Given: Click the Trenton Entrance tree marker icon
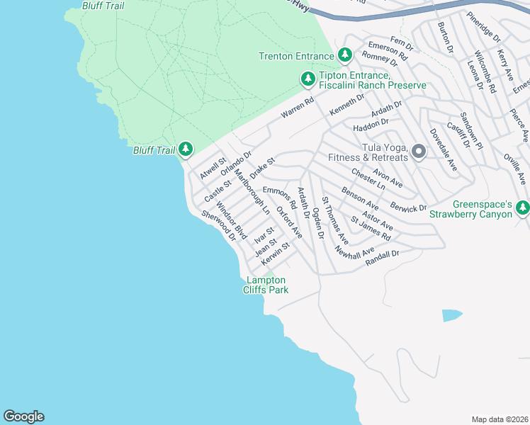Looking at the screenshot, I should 344,55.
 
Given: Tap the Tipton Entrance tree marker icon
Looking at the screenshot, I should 308,79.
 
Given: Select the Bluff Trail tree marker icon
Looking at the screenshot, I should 186,149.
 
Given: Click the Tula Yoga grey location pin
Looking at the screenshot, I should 419,151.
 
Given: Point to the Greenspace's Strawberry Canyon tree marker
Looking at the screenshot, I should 523,208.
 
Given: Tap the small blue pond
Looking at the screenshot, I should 451,315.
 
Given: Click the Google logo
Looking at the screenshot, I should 23,416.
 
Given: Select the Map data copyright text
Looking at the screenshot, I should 500,419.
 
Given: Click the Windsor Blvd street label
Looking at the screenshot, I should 231,220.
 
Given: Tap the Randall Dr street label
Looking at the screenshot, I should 383,258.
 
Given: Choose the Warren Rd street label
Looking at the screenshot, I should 297,108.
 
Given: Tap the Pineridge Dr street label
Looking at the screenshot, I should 484,26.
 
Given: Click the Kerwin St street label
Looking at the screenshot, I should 276,254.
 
